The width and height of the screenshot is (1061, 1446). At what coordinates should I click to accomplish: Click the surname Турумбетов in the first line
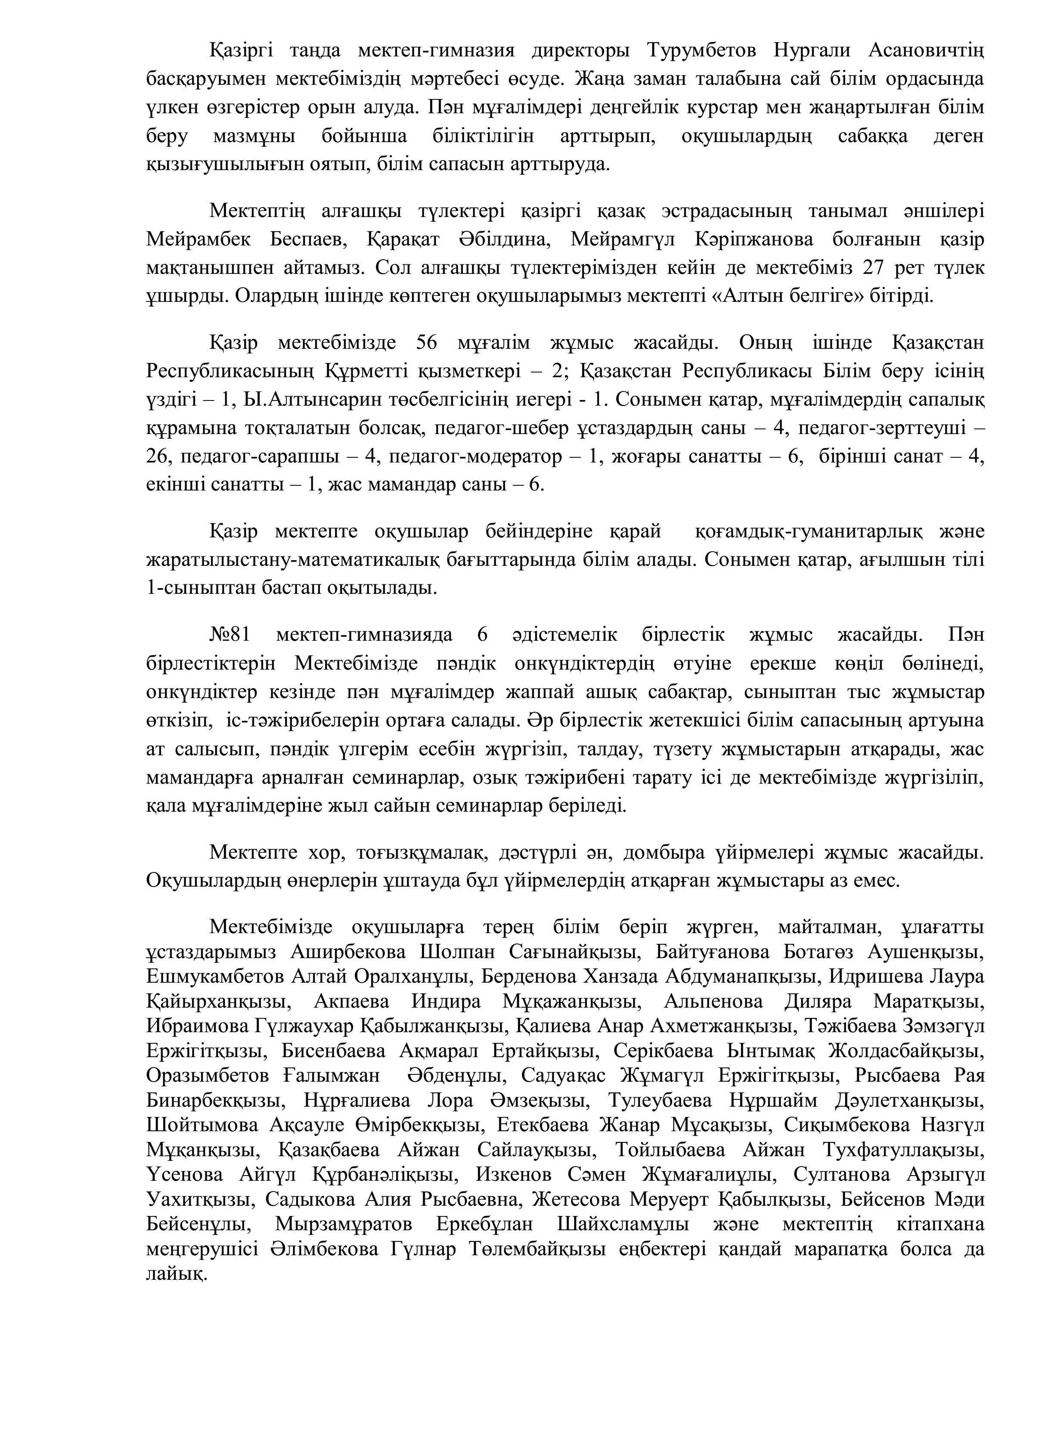pos(703,50)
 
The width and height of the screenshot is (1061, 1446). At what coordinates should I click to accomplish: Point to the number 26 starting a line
pos(157,456)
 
